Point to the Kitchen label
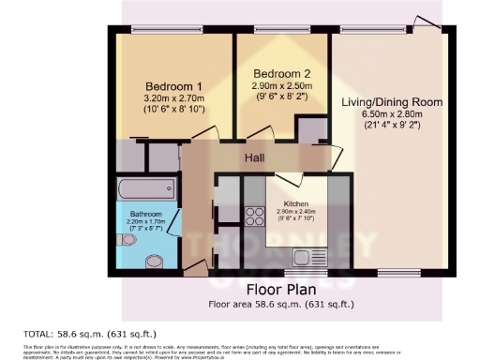click(x=296, y=202)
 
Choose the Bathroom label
click(x=145, y=215)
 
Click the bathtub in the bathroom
click(x=147, y=189)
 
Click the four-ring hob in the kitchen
click(x=254, y=217)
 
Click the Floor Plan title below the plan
click(x=286, y=289)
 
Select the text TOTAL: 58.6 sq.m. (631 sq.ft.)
click(x=89, y=333)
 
